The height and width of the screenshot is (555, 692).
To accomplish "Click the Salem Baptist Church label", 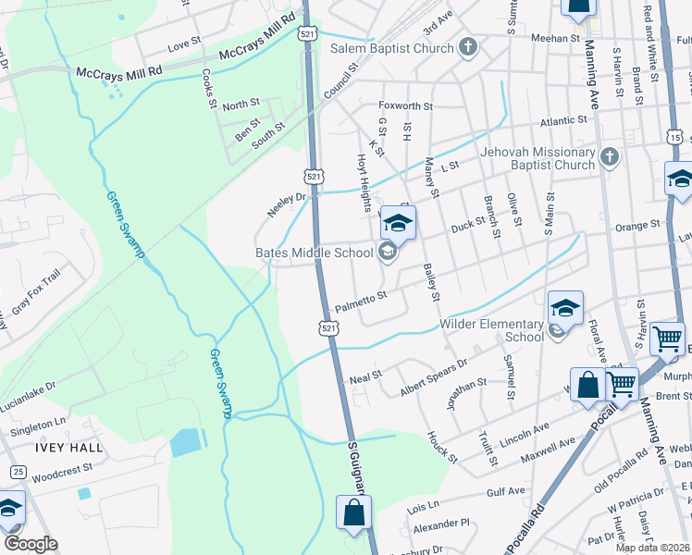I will click(392, 47).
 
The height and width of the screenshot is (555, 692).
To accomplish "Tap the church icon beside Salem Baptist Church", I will click(468, 47).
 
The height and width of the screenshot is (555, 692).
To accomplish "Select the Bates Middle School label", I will click(314, 253).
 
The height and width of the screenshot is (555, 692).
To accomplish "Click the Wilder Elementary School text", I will click(491, 330).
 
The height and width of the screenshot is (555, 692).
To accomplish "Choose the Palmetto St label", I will click(360, 301).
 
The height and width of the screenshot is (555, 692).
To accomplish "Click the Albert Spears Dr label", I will click(435, 376).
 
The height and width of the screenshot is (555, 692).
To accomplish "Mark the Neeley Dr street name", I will click(286, 204).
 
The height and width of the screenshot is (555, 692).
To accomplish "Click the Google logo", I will click(31, 544).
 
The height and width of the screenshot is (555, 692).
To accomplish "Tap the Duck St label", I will click(467, 228).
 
